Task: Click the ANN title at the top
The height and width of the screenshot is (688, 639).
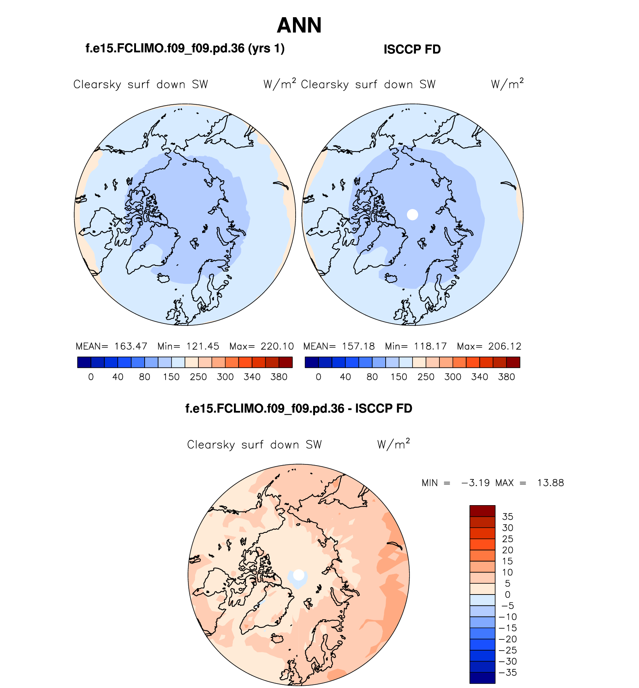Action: tap(299, 25)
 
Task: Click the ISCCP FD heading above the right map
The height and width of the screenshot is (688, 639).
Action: tap(412, 49)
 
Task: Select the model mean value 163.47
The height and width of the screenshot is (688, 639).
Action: tap(131, 346)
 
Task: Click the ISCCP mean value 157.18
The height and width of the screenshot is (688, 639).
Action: tap(358, 346)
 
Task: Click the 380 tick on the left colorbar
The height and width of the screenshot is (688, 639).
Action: tap(279, 377)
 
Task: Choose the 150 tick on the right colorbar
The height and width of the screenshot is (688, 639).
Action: tap(399, 377)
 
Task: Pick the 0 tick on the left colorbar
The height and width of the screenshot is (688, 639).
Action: tap(91, 377)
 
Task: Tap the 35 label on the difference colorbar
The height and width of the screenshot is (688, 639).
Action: tap(507, 517)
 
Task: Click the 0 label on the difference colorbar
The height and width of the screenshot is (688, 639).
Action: tap(507, 595)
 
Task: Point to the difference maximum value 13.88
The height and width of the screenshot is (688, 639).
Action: tap(550, 483)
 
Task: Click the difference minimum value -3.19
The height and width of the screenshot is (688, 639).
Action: tap(475, 483)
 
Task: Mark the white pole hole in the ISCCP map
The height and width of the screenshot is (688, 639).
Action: tap(413, 215)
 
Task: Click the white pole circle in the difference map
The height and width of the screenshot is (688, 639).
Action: tap(299, 575)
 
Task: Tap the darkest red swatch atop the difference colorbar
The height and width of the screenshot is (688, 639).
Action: tap(482, 511)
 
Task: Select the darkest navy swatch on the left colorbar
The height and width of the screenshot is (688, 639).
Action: tap(84, 362)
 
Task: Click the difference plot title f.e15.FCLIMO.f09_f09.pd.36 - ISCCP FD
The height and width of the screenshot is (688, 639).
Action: tap(299, 408)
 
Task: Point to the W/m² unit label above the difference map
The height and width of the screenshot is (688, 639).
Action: tap(393, 444)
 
